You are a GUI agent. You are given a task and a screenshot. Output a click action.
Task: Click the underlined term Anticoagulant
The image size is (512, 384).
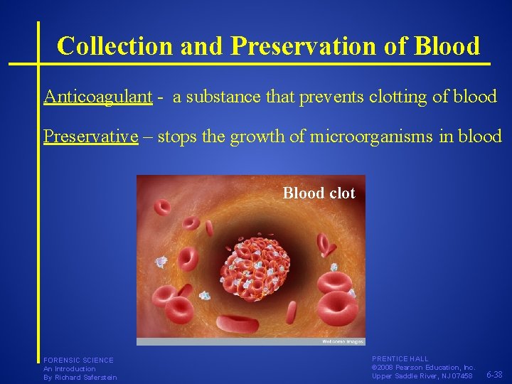pos(98,97)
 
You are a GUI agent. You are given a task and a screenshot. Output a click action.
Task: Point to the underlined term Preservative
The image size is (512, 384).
pos(90,136)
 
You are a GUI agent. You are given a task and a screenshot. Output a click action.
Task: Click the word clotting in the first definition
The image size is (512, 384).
pos(392,97)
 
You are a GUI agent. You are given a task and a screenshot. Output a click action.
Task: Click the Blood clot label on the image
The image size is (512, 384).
pos(319,193)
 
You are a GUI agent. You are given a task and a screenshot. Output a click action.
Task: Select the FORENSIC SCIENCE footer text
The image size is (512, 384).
pos(78,361)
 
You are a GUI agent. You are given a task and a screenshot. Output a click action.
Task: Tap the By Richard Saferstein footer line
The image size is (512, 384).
pos(80,378)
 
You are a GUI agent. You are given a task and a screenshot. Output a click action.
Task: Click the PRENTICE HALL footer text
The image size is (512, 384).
pos(400,359)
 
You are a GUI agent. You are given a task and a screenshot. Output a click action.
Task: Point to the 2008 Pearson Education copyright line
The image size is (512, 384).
pos(423,368)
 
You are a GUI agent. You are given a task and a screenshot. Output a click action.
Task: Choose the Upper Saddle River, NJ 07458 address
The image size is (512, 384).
pos(422,376)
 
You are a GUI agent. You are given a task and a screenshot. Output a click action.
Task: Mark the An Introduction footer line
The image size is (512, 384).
pos(69,369)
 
